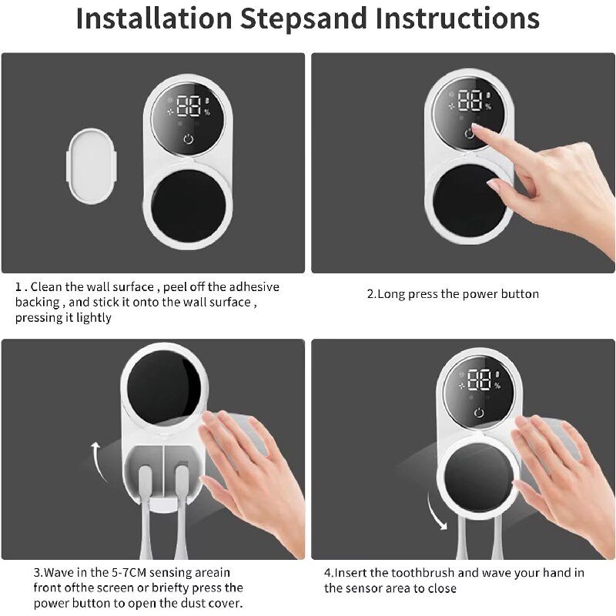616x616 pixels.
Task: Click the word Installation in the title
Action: [154, 18]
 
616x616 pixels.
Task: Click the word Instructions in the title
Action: [457, 18]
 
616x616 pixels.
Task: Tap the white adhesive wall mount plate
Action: [92, 166]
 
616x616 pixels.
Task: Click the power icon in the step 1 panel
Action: [189, 139]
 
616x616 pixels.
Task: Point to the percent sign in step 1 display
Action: [207, 112]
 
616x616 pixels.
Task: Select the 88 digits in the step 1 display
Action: [189, 106]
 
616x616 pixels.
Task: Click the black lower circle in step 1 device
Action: [189, 206]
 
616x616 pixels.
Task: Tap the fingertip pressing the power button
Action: [475, 128]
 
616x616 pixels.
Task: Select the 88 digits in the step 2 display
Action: [470, 101]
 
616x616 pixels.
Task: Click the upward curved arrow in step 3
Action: [99, 460]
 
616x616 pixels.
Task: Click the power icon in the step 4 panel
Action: [479, 413]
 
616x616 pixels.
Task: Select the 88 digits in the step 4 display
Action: [479, 380]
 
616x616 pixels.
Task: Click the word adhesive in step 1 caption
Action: [254, 286]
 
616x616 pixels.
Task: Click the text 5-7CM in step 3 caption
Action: [126, 572]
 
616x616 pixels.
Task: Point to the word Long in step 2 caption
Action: [391, 294]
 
